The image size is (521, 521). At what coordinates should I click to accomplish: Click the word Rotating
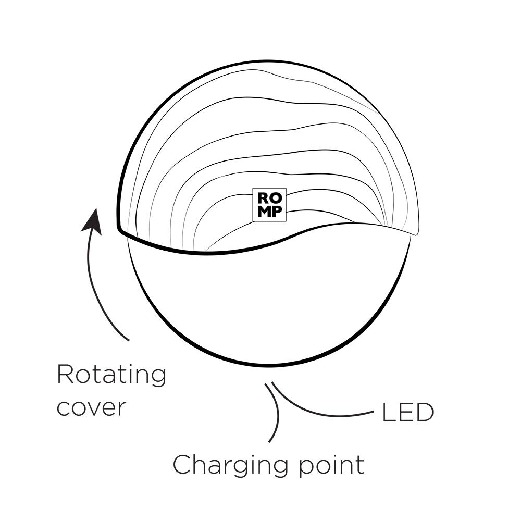111,375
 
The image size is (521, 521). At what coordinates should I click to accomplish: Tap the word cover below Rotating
91,408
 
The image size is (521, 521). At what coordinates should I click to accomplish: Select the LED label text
408,412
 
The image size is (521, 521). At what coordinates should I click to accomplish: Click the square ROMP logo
269,205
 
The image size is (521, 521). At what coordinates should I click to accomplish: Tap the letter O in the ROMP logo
276,199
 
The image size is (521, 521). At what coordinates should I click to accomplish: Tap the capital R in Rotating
65,374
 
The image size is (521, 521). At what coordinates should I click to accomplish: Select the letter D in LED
425,412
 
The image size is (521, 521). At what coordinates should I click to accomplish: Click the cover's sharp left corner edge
119,229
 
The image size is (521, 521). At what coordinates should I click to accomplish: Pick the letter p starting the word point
305,468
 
